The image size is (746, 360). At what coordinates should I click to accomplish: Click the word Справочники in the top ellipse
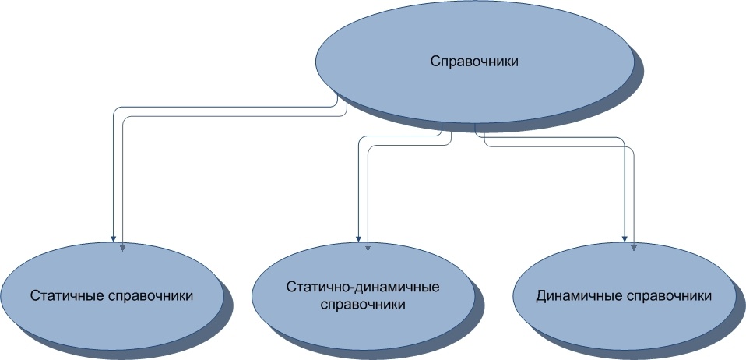tap(475, 62)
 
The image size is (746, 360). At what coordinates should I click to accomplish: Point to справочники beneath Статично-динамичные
tap(363, 305)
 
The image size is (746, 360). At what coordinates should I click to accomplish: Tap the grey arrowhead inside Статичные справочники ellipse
tap(122, 248)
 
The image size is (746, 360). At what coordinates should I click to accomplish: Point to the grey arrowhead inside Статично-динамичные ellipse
tap(368, 248)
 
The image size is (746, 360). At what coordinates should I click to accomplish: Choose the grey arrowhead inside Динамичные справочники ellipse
tap(633, 248)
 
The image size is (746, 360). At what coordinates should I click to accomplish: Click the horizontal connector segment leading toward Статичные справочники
tap(226, 107)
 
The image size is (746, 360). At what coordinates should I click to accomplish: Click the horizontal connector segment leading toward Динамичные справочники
tap(553, 138)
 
